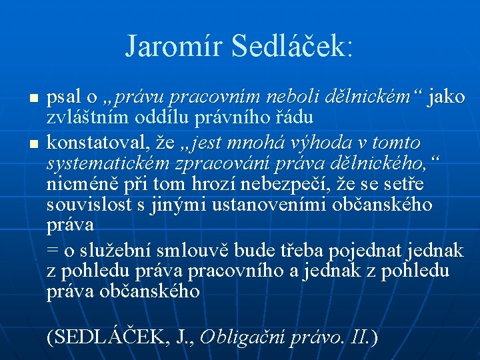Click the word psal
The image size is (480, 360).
pos(63,97)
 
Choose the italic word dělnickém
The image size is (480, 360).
pos(369,97)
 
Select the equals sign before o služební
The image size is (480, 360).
pos(53,251)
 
